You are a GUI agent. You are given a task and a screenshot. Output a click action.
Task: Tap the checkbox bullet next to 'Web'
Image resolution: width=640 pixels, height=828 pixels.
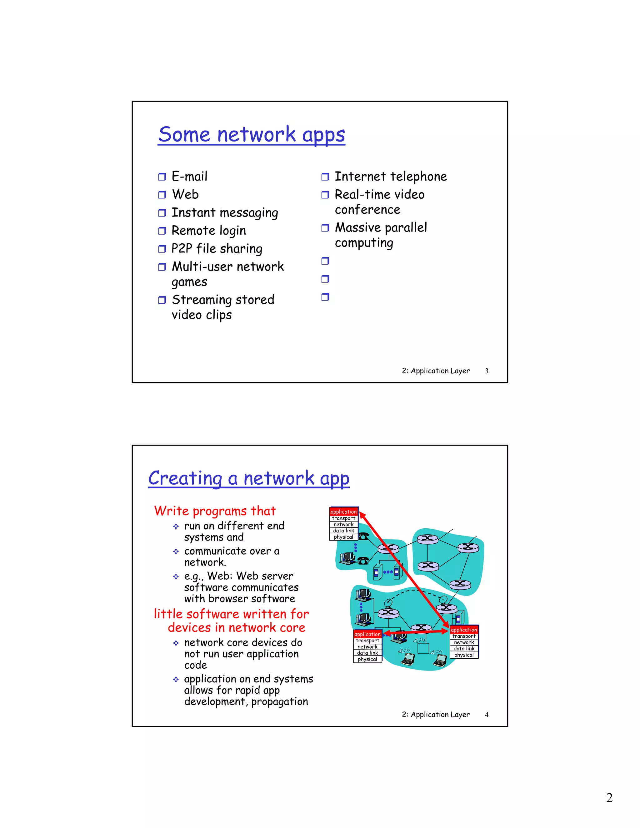coord(162,195)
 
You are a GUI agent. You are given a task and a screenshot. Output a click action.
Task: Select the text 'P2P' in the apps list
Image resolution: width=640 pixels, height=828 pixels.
coord(182,249)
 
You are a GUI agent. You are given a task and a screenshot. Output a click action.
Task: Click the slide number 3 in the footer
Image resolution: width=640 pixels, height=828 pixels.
coord(487,371)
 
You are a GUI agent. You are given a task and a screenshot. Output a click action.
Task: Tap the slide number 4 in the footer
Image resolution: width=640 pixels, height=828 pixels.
coord(487,715)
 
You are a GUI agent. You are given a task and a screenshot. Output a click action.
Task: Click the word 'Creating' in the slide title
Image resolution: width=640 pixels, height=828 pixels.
coord(185,478)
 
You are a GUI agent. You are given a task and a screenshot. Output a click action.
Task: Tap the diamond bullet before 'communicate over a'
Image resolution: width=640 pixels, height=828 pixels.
coord(176,551)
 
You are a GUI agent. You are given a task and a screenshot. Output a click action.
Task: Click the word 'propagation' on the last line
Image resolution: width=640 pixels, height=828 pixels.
coord(279,702)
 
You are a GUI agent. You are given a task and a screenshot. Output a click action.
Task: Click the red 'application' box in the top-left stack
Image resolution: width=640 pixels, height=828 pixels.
coord(343,512)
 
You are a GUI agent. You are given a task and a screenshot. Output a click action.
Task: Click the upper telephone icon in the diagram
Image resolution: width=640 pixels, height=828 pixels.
coord(363,536)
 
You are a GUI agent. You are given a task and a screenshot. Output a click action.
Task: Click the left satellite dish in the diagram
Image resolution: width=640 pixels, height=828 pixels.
coord(388,603)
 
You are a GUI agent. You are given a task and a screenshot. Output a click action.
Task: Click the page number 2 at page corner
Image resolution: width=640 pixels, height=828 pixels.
coord(609,798)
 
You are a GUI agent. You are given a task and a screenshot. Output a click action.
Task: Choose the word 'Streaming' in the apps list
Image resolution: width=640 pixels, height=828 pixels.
coord(201,300)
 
